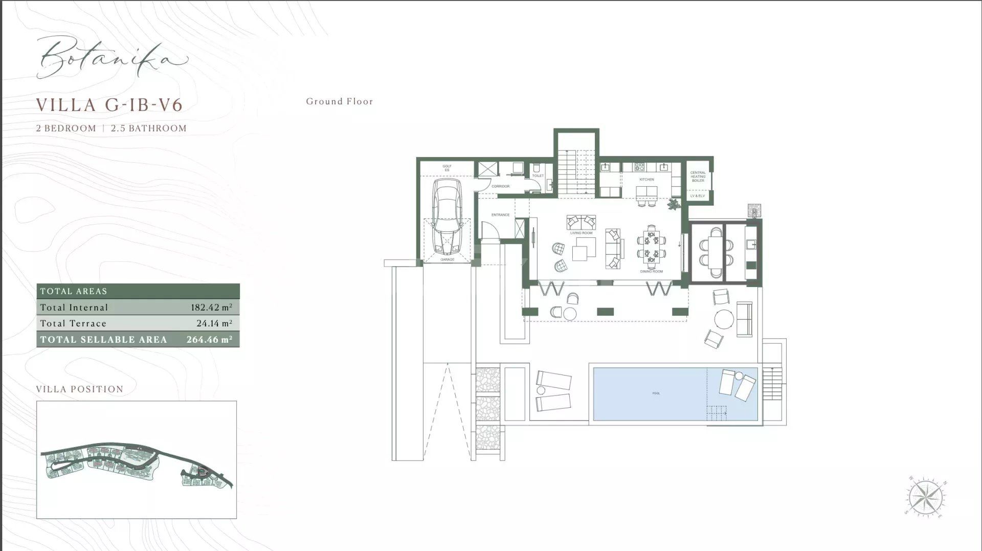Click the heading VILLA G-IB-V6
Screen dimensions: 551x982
109,105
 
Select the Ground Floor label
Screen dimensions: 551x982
340,101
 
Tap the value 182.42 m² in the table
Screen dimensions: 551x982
211,307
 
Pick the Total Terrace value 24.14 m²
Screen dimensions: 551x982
214,323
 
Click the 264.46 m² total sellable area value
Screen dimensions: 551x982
209,340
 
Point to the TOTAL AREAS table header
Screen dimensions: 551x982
74,291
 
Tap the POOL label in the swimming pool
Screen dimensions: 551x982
656,393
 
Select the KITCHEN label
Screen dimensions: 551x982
646,180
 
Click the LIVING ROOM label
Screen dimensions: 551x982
581,233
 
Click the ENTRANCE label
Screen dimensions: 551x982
500,215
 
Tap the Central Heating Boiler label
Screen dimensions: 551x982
698,177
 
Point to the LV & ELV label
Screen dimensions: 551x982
697,196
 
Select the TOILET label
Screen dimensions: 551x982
538,175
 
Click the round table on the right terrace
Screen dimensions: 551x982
724,319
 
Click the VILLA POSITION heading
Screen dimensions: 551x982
80,389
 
